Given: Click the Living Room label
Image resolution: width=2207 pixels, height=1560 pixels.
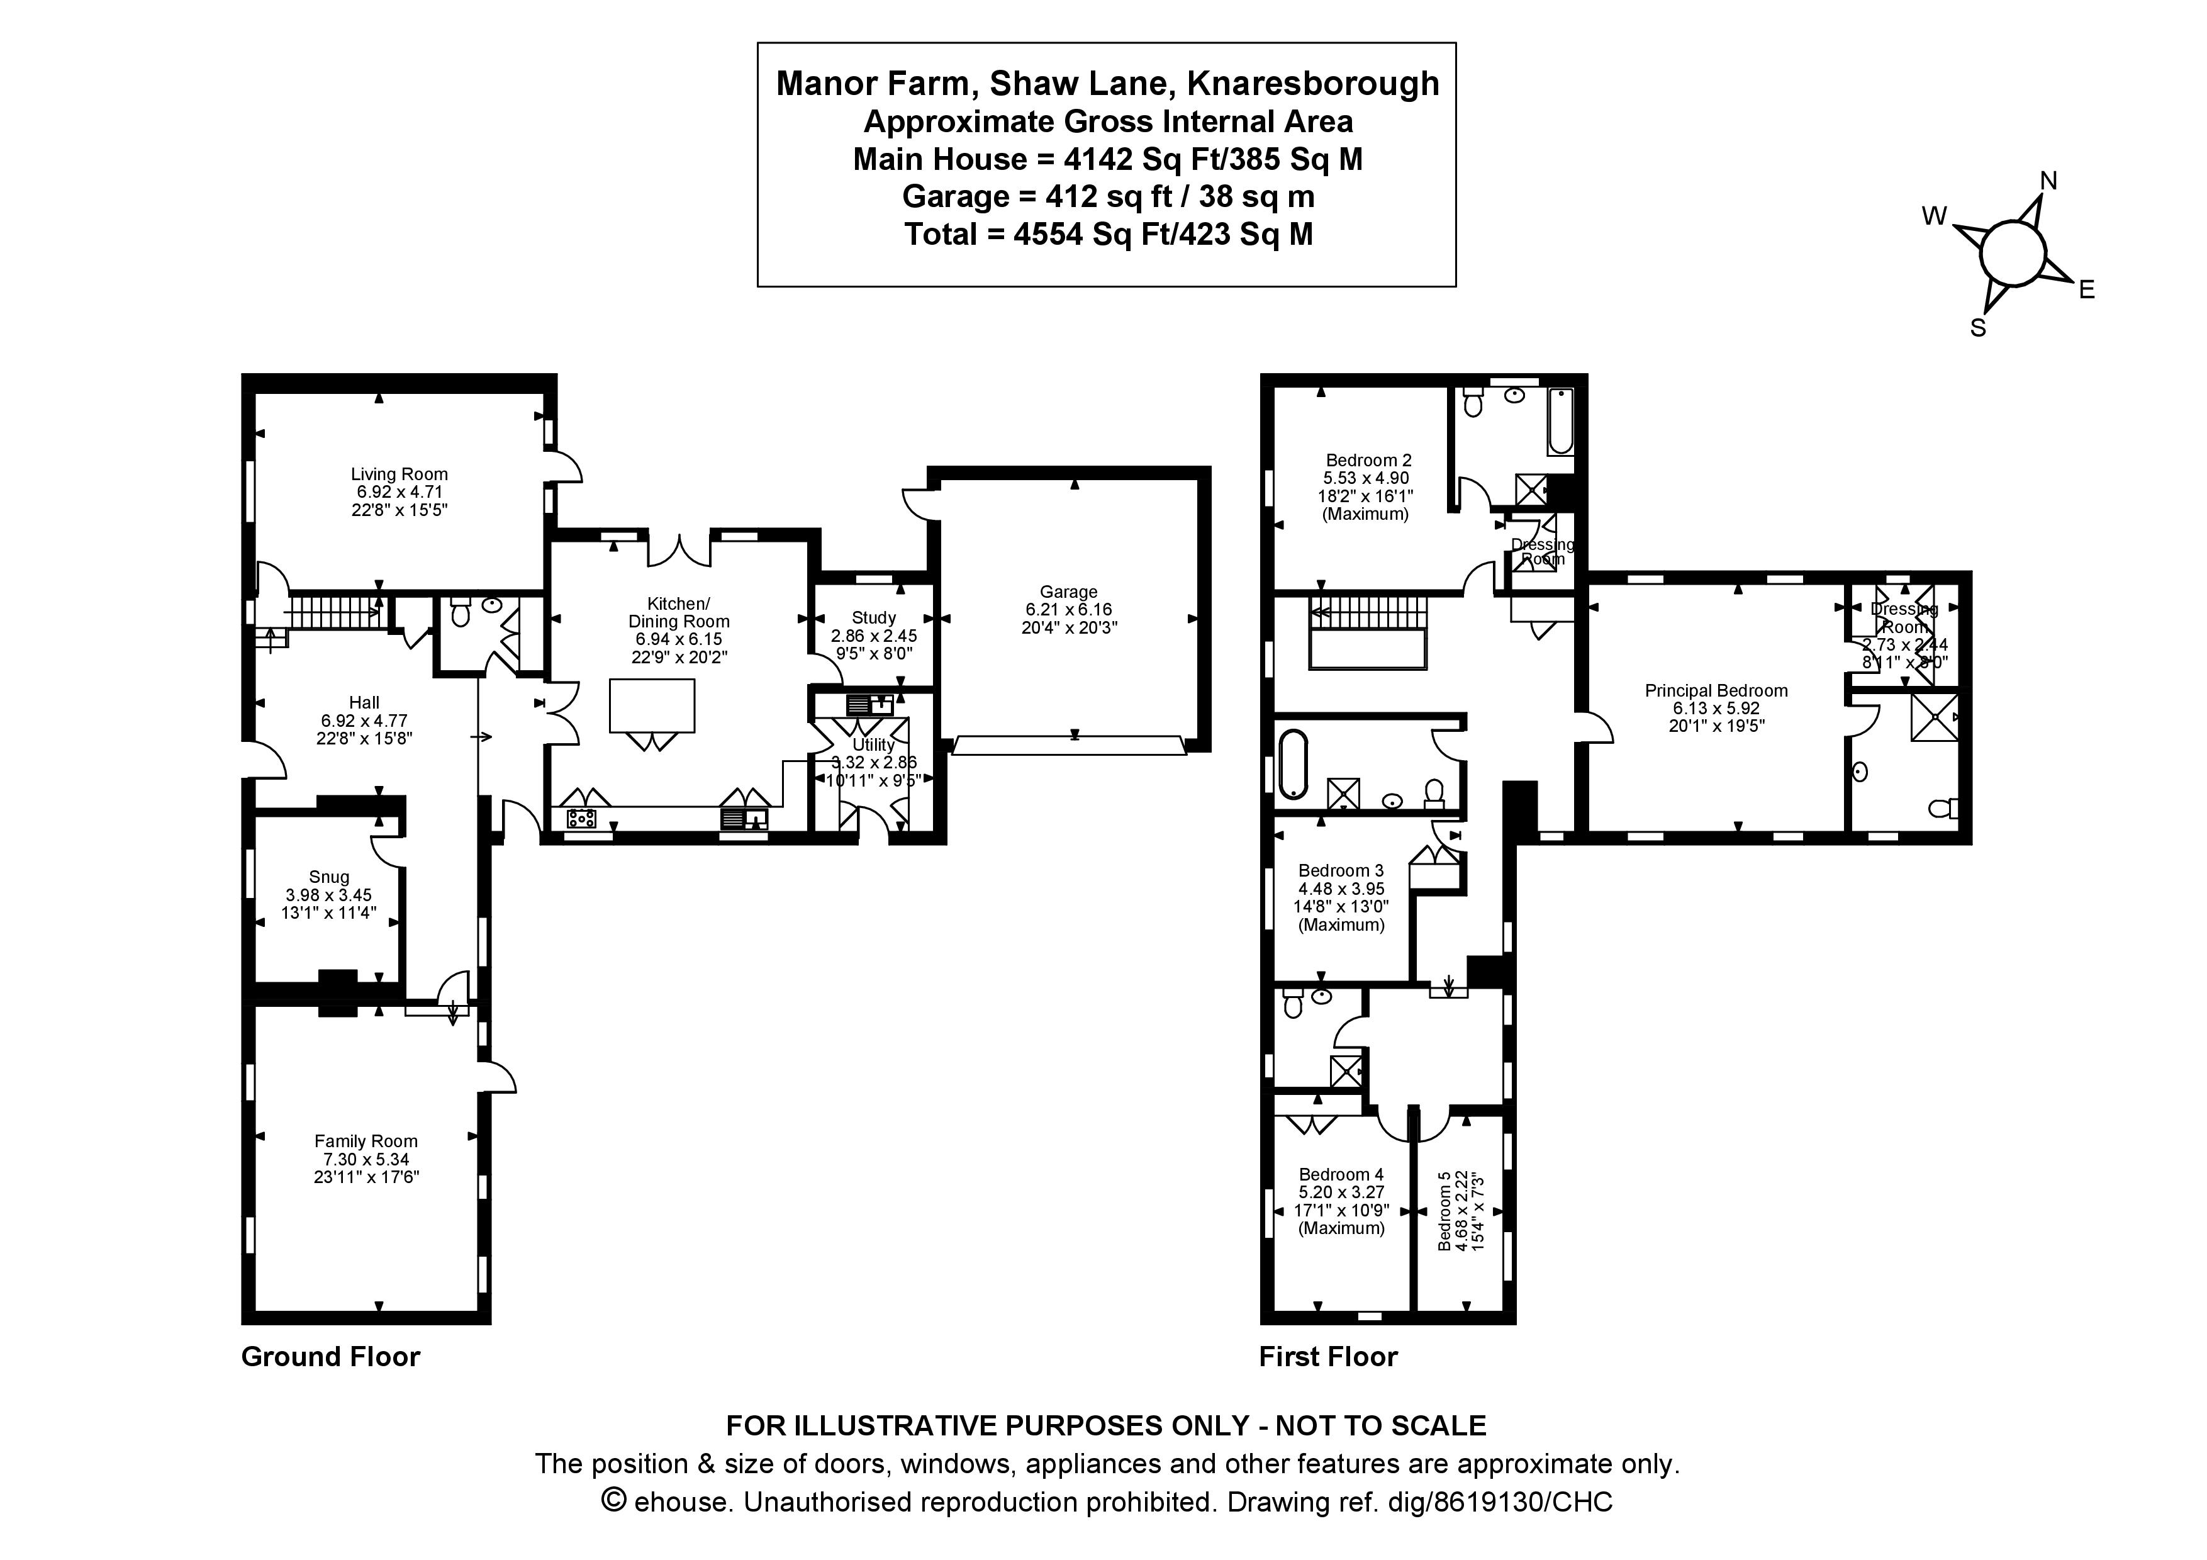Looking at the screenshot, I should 399,474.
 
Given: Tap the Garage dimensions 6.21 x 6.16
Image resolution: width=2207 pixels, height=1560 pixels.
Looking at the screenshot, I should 1067,609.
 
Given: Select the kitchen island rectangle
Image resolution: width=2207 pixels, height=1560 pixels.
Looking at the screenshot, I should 652,705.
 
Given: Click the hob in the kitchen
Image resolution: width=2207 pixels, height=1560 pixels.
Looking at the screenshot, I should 581,819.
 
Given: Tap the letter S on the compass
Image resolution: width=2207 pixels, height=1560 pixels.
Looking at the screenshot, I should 1978,328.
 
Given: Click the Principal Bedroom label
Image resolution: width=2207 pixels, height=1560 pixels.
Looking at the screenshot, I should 1716,690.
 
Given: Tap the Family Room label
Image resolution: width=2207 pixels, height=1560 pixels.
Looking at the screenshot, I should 366,1141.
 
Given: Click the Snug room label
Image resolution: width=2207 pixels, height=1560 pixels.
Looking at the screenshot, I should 329,877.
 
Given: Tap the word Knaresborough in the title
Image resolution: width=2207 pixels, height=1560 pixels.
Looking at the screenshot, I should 1313,84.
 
